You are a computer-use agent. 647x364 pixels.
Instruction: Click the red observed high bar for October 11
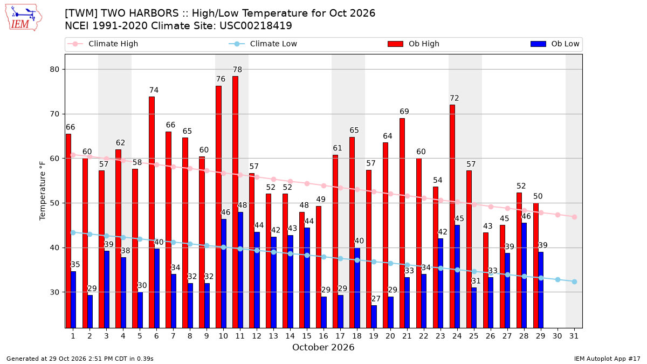point(236,202)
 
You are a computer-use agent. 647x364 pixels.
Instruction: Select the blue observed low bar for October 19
point(374,317)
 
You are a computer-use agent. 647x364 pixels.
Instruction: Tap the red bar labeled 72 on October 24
point(452,216)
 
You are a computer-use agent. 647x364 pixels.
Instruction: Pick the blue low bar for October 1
point(73,300)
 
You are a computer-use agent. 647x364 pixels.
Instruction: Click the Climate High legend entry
point(103,44)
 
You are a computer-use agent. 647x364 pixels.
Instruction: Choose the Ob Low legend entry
point(555,44)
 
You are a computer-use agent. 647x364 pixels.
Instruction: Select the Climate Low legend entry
point(263,44)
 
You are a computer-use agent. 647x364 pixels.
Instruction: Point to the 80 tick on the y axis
point(54,70)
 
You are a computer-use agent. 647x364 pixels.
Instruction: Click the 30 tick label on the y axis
point(54,292)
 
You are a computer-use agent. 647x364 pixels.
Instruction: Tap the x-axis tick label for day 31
point(574,336)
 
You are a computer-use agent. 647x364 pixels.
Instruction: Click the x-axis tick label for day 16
point(323,336)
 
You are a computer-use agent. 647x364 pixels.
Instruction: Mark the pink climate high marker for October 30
point(557,215)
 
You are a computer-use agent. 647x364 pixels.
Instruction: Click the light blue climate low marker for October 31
point(575,281)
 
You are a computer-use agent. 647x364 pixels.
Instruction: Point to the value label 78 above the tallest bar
point(237,70)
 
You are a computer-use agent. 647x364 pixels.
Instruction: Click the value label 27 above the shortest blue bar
point(376,299)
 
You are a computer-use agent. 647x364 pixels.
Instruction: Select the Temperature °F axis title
point(43,191)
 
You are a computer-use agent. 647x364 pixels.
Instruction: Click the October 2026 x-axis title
point(323,347)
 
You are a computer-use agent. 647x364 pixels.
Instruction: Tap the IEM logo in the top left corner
point(24,18)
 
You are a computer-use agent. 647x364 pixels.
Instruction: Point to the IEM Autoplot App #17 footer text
point(607,359)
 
